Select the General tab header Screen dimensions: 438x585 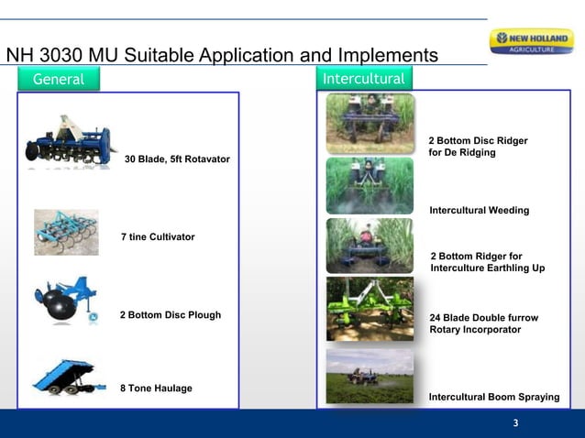click(x=59, y=80)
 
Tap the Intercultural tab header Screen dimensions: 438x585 click(x=364, y=79)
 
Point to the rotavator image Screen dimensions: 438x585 click(x=71, y=143)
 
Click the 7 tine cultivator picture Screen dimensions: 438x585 click(x=66, y=233)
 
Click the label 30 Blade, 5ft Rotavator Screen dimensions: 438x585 click(x=177, y=159)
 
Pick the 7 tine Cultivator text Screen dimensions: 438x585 click(x=158, y=237)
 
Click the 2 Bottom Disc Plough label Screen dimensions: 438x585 click(x=171, y=315)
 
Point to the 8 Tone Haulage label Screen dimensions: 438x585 click(x=157, y=389)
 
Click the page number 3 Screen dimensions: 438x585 click(x=515, y=423)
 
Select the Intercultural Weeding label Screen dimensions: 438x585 click(x=479, y=211)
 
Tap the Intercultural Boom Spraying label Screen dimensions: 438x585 click(x=493, y=397)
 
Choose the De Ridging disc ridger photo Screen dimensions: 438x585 click(x=370, y=123)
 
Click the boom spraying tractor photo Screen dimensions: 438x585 click(x=370, y=376)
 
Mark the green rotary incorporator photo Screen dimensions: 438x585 click(x=370, y=309)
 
